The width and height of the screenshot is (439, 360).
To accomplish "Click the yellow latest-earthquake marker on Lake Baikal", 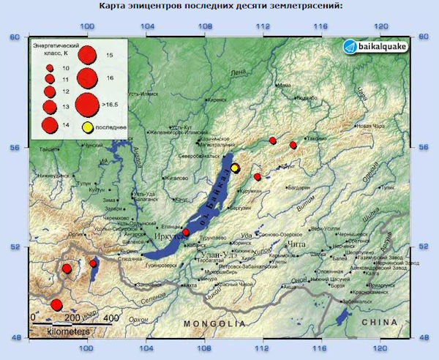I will pos(235,168).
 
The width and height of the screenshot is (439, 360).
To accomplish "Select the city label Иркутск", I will pos(170,237).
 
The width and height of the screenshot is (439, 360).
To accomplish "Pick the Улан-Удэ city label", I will pos(217,254).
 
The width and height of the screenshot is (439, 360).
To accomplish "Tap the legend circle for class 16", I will pos(88,77).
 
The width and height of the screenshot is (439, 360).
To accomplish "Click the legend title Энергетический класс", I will pos(54,49).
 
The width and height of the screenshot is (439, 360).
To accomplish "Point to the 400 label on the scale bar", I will pos(110,318).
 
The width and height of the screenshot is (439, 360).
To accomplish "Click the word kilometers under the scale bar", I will pos(69,331).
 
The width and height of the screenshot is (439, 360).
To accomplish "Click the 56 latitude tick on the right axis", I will pos(424,147).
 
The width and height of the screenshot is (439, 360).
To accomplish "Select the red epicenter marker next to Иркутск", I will pos(186,232).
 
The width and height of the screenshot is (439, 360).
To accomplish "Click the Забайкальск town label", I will pos(361,301).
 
